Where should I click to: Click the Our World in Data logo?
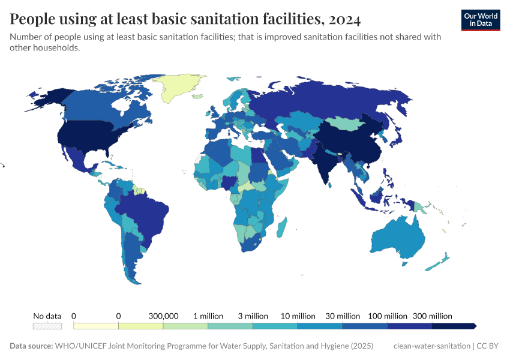pos(480,20)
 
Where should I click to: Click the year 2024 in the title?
pos(344,19)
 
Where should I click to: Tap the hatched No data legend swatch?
pos(47,326)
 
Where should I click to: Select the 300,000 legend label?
pos(163,316)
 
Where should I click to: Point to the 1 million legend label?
pos(208,316)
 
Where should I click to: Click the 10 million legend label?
pos(298,316)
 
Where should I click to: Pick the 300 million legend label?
pos(432,316)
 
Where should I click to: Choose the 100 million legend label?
pos(388,316)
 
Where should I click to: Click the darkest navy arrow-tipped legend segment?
pos(454,326)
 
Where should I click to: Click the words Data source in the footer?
pos(31,346)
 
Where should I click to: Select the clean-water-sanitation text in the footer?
pos(431,346)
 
